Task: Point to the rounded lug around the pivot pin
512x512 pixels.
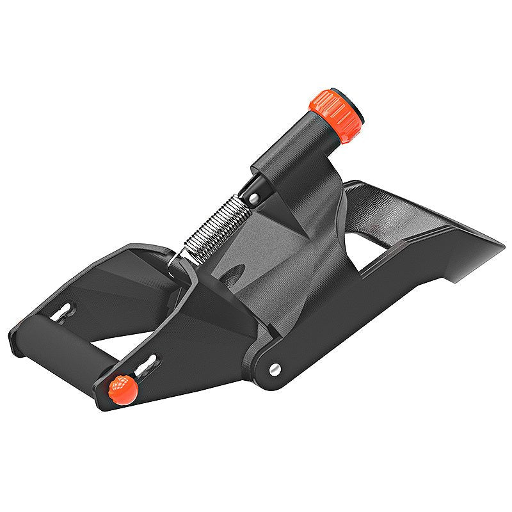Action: pyautogui.click(x=269, y=365)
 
